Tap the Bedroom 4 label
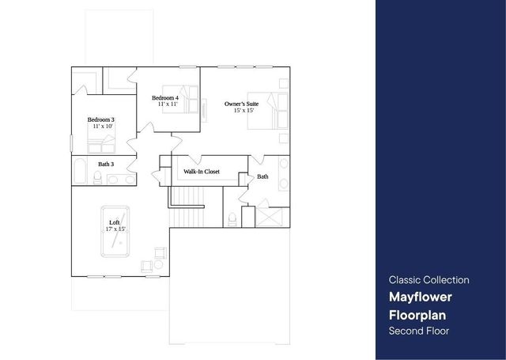[x=167, y=97]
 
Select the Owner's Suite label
[x=240, y=104]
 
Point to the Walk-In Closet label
[x=202, y=171]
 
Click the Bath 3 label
[x=106, y=164]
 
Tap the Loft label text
[x=115, y=222]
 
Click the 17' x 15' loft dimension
[x=115, y=229]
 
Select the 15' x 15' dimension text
[x=244, y=110]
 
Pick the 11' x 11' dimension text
[x=167, y=104]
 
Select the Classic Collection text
[x=429, y=280]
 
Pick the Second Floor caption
[x=418, y=331]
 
